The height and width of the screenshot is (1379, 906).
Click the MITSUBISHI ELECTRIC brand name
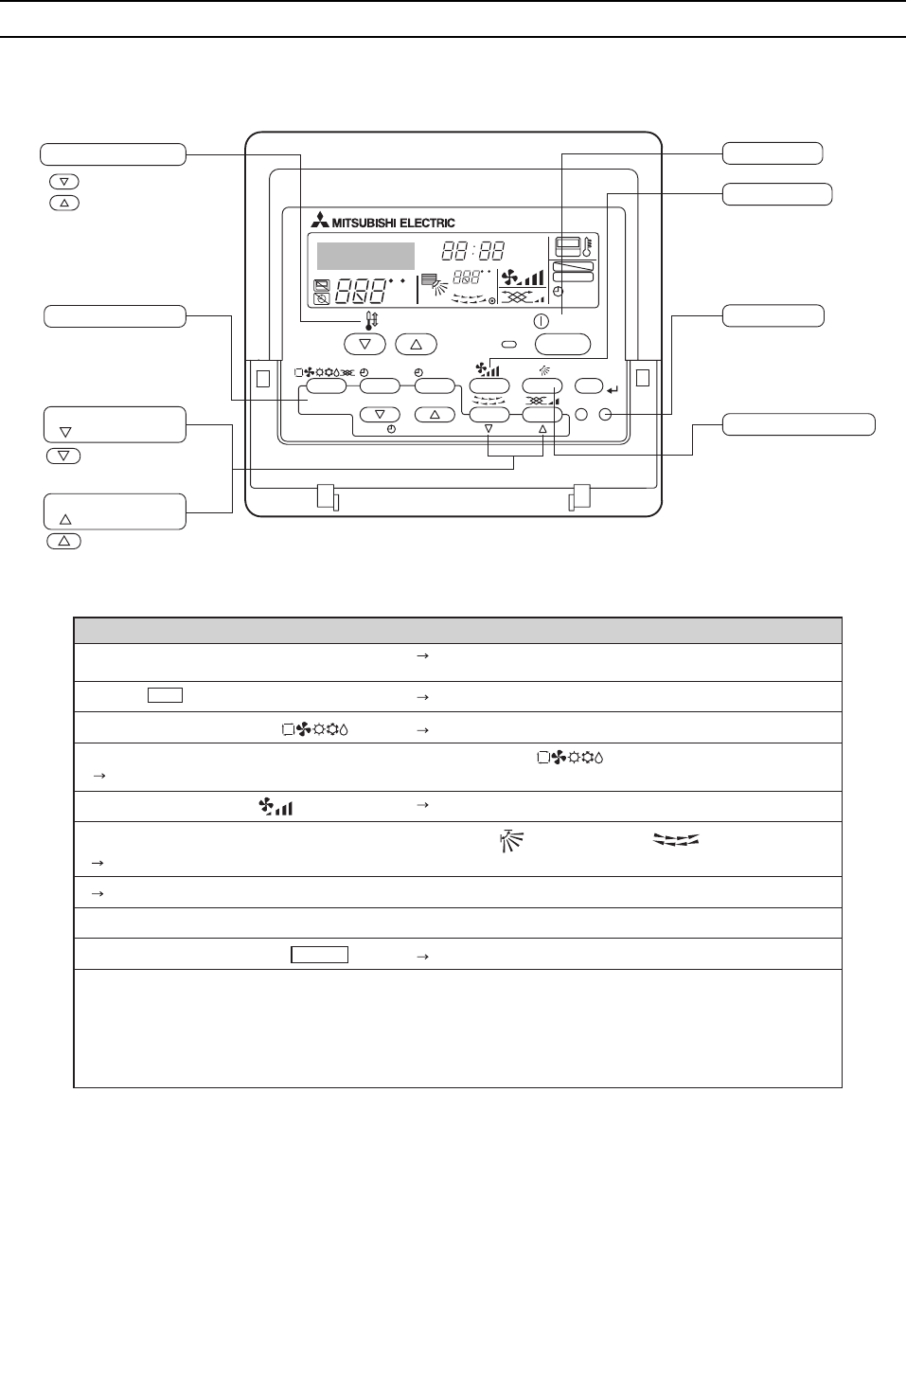(x=393, y=223)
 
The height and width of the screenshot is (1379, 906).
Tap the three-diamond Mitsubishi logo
(x=320, y=222)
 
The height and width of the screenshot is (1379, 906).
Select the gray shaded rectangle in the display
(x=365, y=256)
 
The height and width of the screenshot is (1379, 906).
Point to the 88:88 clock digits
(x=473, y=251)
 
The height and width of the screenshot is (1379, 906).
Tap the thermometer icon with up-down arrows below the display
(x=371, y=322)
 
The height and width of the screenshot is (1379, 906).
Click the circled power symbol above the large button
(x=542, y=321)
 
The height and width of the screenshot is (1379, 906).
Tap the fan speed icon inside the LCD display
(x=523, y=277)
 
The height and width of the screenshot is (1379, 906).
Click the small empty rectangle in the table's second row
(x=165, y=696)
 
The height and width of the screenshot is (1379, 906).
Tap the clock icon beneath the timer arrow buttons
(x=392, y=429)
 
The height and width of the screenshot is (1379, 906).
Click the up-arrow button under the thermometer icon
(x=416, y=344)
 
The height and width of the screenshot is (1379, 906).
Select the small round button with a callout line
(x=606, y=414)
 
